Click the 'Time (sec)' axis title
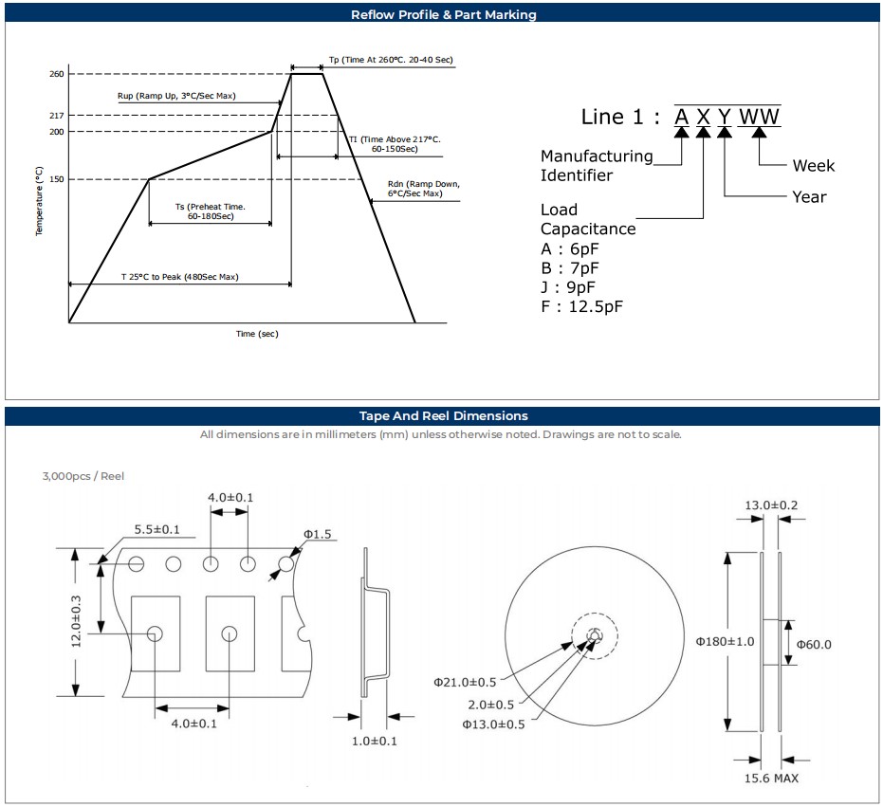tap(257, 334)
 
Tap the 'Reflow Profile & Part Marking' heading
tap(443, 14)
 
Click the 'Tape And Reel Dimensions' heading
tap(443, 415)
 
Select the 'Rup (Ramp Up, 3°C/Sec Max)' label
tap(176, 96)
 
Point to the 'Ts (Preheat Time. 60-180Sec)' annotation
tap(210, 211)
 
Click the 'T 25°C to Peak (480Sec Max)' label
tap(179, 277)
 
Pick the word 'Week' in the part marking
tap(814, 166)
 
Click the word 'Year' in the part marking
tap(809, 197)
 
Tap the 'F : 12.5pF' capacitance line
tap(582, 306)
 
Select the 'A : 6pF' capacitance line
tap(569, 248)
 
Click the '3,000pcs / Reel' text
tap(83, 476)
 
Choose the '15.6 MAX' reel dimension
tap(771, 779)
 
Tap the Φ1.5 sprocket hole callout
tap(317, 535)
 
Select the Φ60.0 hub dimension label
tap(814, 645)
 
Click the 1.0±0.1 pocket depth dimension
tap(374, 741)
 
